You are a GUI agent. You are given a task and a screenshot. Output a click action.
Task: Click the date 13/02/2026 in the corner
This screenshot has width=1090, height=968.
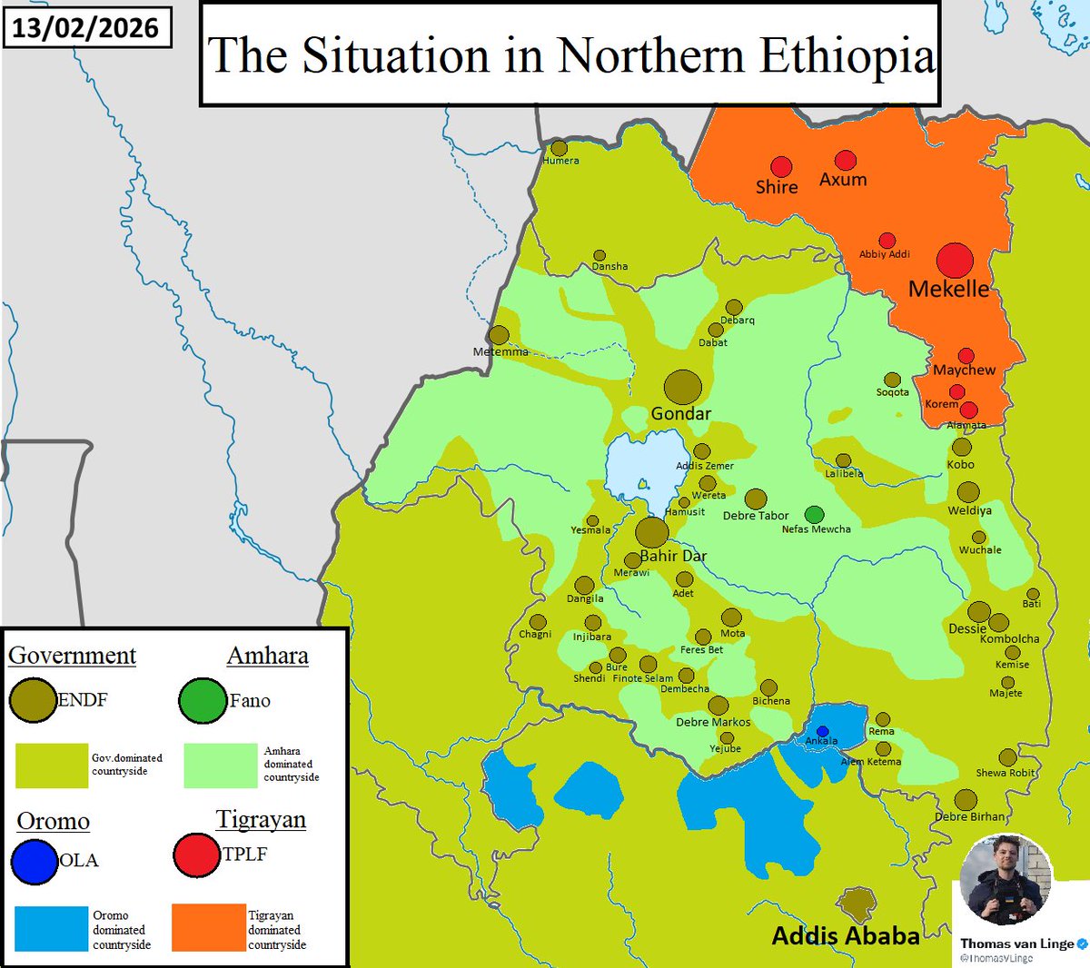click(85, 27)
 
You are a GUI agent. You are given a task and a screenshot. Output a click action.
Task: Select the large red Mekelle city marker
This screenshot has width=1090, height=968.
click(955, 261)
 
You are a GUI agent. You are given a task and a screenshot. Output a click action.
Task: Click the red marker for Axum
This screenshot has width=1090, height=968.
click(846, 161)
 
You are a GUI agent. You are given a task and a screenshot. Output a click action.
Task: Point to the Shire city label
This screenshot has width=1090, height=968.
click(777, 187)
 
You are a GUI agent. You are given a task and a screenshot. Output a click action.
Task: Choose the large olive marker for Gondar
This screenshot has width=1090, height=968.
click(682, 387)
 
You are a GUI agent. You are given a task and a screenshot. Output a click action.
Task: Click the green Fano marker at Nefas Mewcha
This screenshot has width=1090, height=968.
click(815, 515)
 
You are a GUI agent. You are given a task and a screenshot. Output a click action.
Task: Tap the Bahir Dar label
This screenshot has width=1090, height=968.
click(673, 556)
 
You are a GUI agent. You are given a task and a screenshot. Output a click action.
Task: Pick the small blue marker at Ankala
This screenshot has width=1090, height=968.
click(823, 731)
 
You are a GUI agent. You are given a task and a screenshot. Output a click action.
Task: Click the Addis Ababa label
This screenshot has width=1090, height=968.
click(845, 935)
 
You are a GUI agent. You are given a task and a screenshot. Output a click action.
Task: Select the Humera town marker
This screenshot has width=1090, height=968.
click(560, 148)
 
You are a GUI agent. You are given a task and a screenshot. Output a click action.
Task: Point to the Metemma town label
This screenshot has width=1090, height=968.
click(500, 351)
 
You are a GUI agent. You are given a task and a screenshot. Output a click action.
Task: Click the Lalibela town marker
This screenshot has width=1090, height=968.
click(844, 460)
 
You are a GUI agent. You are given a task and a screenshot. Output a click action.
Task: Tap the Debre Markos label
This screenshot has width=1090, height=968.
click(713, 722)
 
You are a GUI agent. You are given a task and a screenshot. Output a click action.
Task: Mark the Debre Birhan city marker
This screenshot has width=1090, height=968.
click(966, 800)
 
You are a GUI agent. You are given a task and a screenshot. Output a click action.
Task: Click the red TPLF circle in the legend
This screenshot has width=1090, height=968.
click(196, 854)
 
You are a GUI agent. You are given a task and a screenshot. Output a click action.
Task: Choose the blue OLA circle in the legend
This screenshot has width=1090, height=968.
click(35, 861)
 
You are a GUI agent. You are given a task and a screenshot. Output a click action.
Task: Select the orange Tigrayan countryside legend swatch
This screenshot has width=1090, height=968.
click(208, 927)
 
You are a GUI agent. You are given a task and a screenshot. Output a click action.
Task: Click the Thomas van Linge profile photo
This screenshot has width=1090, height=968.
click(1006, 879)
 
